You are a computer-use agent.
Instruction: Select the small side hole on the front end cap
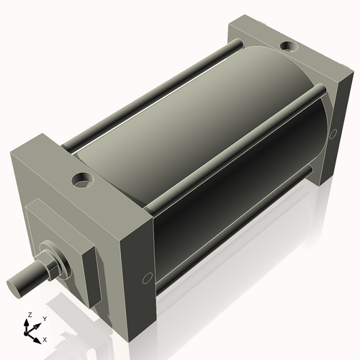[147, 277]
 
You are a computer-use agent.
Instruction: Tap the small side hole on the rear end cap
[333, 134]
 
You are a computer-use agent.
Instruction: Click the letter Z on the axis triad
[29, 315]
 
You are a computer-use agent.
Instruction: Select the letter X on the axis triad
[45, 338]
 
